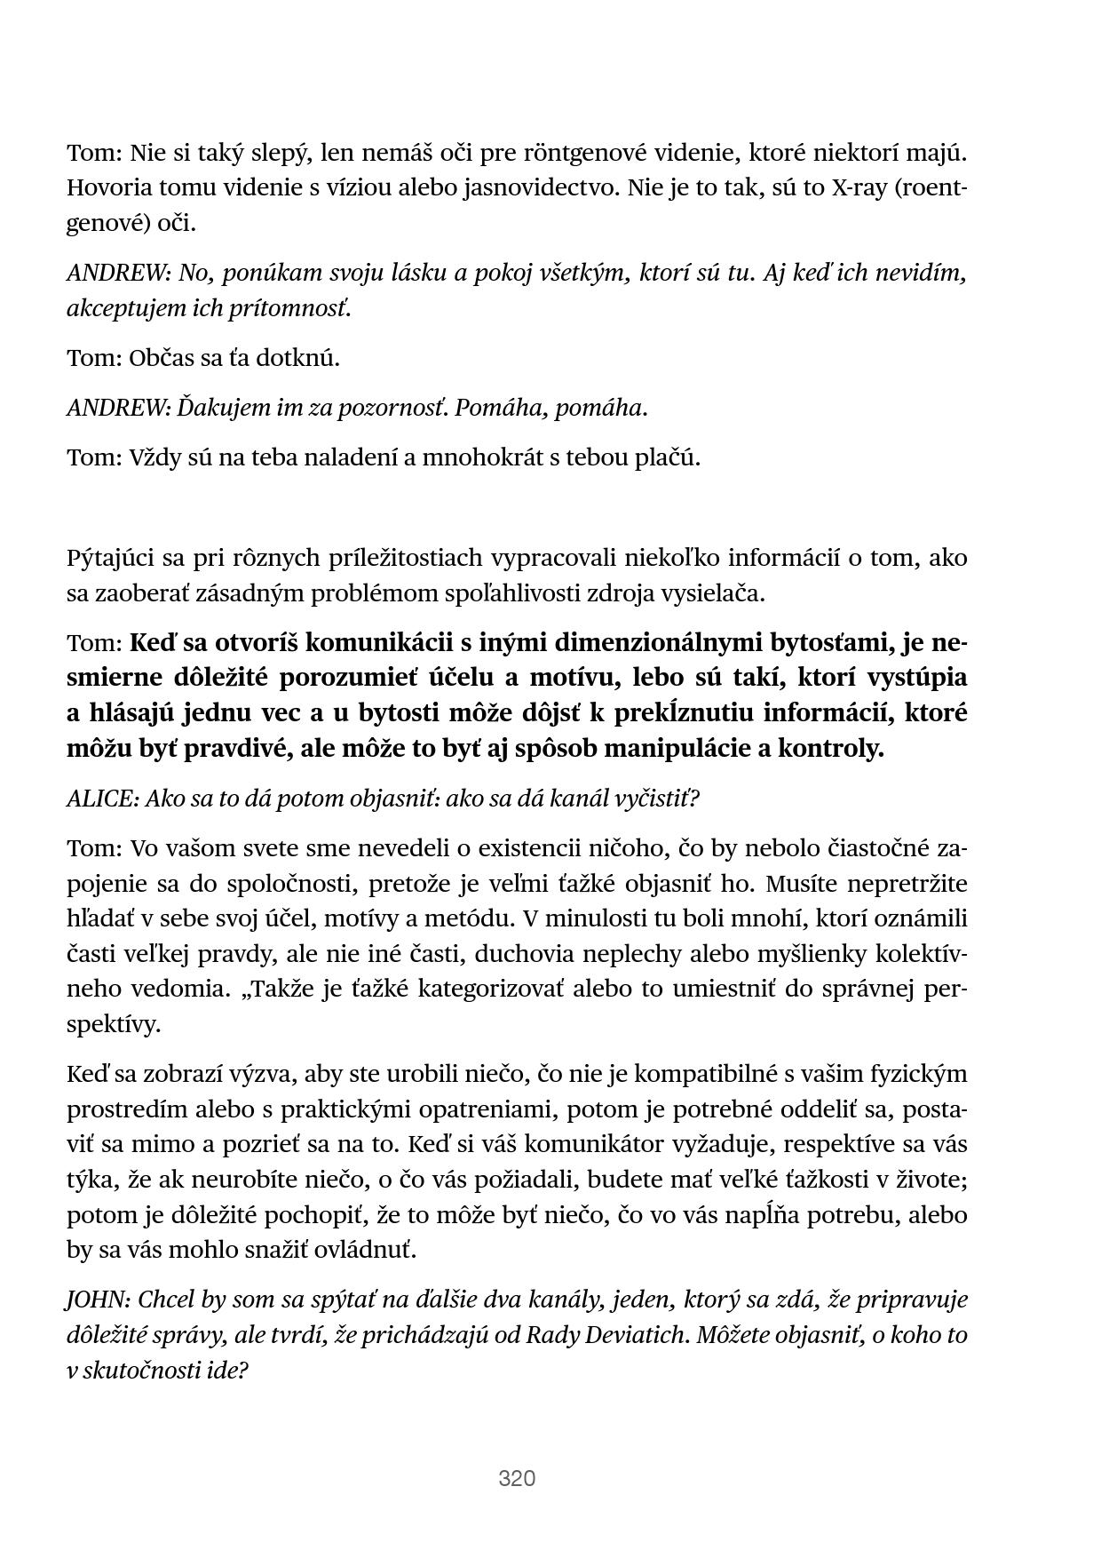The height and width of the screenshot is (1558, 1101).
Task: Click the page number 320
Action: [x=517, y=1478]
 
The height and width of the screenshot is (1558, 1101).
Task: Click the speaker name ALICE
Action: [x=100, y=799]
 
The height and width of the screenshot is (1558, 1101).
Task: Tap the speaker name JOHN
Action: [x=97, y=1300]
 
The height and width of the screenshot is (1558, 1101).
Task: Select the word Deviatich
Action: [x=634, y=1335]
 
